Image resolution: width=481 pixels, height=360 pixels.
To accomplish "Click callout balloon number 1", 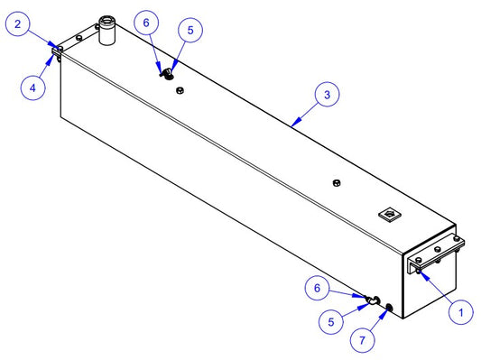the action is (x=461, y=312).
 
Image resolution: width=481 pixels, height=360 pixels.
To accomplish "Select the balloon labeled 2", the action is (x=18, y=24).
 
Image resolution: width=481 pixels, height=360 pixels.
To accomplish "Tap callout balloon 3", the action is (x=328, y=95).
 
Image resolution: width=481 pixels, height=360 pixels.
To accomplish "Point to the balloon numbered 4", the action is (x=32, y=88).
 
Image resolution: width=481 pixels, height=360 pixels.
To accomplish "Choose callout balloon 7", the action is (x=362, y=340).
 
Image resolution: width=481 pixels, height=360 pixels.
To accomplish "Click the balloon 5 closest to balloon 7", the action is (x=330, y=322).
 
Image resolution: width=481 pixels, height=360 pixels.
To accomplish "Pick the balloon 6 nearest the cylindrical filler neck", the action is (x=146, y=23).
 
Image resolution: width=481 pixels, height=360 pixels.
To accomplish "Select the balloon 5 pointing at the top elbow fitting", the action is (x=190, y=30).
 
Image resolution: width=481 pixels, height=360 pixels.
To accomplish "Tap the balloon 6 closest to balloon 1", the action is (x=317, y=288).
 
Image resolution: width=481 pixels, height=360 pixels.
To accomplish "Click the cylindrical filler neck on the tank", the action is (x=106, y=31).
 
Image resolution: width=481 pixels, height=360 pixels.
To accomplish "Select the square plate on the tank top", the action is (x=390, y=214).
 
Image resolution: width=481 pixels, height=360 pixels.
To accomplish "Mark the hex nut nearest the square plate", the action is (x=337, y=183).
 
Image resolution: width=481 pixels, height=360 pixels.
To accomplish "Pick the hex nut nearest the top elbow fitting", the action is (x=180, y=90).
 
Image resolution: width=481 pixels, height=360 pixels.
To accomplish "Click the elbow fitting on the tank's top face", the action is (x=167, y=74).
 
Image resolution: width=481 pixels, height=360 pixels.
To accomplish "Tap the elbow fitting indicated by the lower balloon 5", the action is (x=373, y=300).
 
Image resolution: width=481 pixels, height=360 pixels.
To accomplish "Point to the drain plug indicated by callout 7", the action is (x=389, y=307).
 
